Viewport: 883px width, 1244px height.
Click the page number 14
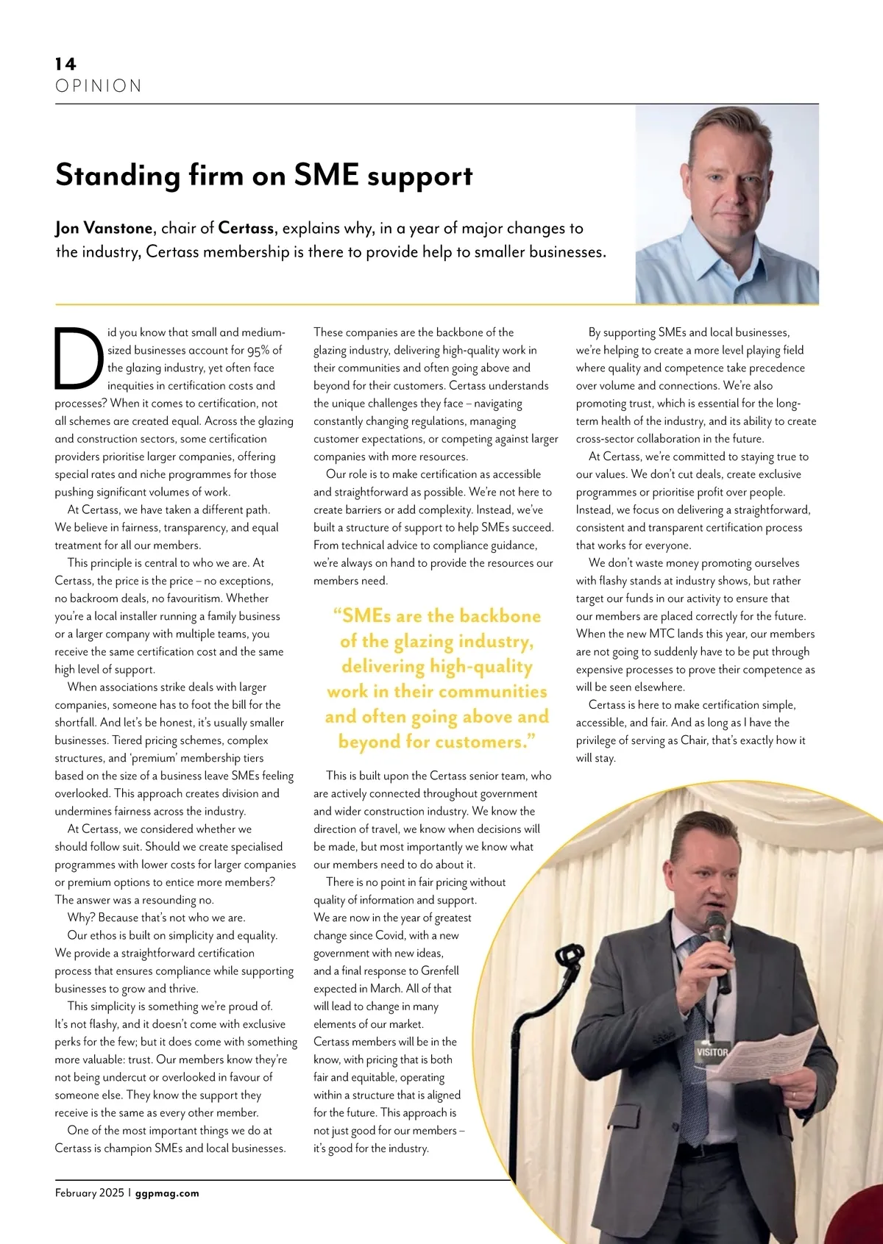click(x=65, y=64)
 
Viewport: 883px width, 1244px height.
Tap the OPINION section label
click(x=99, y=86)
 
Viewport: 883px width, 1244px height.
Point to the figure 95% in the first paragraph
click(x=258, y=351)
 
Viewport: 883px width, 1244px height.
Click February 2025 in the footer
click(x=90, y=1193)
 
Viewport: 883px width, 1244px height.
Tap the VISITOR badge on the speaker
click(x=712, y=1052)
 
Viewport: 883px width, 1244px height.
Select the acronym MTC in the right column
click(x=662, y=634)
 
